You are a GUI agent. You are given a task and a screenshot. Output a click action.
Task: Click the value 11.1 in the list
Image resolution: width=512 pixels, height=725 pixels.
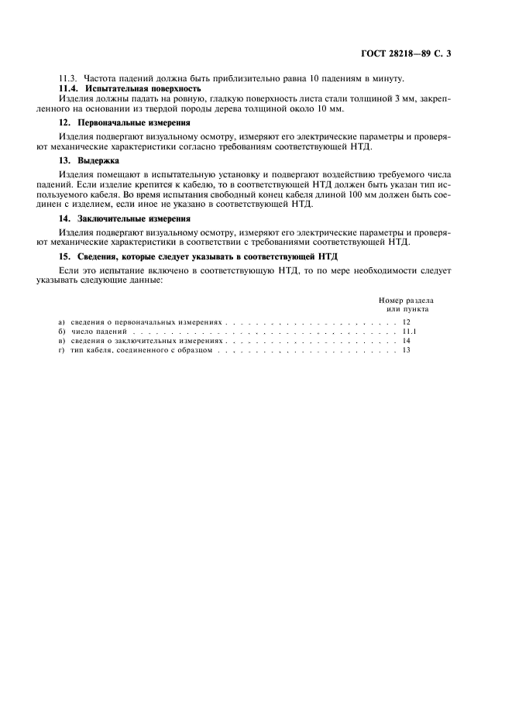point(410,330)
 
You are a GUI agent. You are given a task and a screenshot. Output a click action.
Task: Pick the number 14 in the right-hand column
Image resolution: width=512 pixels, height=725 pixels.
point(407,340)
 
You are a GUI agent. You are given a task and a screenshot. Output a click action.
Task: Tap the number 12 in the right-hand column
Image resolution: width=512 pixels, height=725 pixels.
point(407,320)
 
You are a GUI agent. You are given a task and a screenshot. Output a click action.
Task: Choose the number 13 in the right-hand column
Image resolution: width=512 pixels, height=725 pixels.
point(407,350)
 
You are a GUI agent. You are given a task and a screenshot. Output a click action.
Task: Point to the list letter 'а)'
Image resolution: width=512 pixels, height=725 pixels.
point(62,320)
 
